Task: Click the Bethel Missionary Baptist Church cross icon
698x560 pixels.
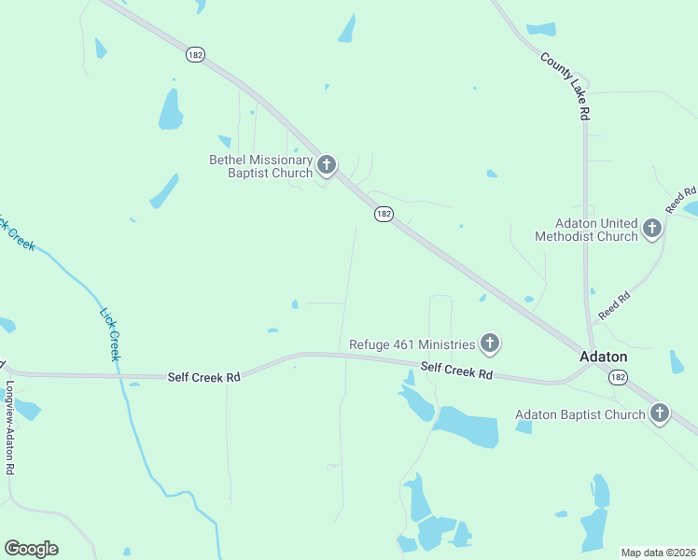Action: (326, 166)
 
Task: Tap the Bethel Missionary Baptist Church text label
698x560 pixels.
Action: (260, 166)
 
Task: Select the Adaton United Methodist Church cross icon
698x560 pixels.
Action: (652, 227)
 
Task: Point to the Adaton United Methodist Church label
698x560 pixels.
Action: (586, 230)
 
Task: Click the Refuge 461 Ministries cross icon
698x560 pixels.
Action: (489, 343)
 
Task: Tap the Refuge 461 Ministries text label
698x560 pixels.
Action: (412, 344)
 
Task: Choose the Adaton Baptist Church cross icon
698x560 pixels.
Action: (660, 413)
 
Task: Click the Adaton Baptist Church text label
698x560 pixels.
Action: (580, 414)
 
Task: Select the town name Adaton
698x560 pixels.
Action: (604, 357)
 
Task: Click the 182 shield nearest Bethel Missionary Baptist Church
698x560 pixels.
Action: (384, 214)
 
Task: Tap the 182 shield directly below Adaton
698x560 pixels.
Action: (617, 377)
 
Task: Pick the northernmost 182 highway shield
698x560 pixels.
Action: (194, 55)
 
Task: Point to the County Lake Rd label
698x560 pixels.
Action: (566, 85)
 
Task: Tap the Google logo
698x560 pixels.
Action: (31, 548)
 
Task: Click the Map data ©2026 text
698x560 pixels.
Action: (658, 553)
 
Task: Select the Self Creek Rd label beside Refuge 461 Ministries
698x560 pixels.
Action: (455, 371)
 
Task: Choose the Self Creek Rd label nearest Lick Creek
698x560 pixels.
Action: (203, 377)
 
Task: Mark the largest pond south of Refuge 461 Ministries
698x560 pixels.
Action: (466, 426)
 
